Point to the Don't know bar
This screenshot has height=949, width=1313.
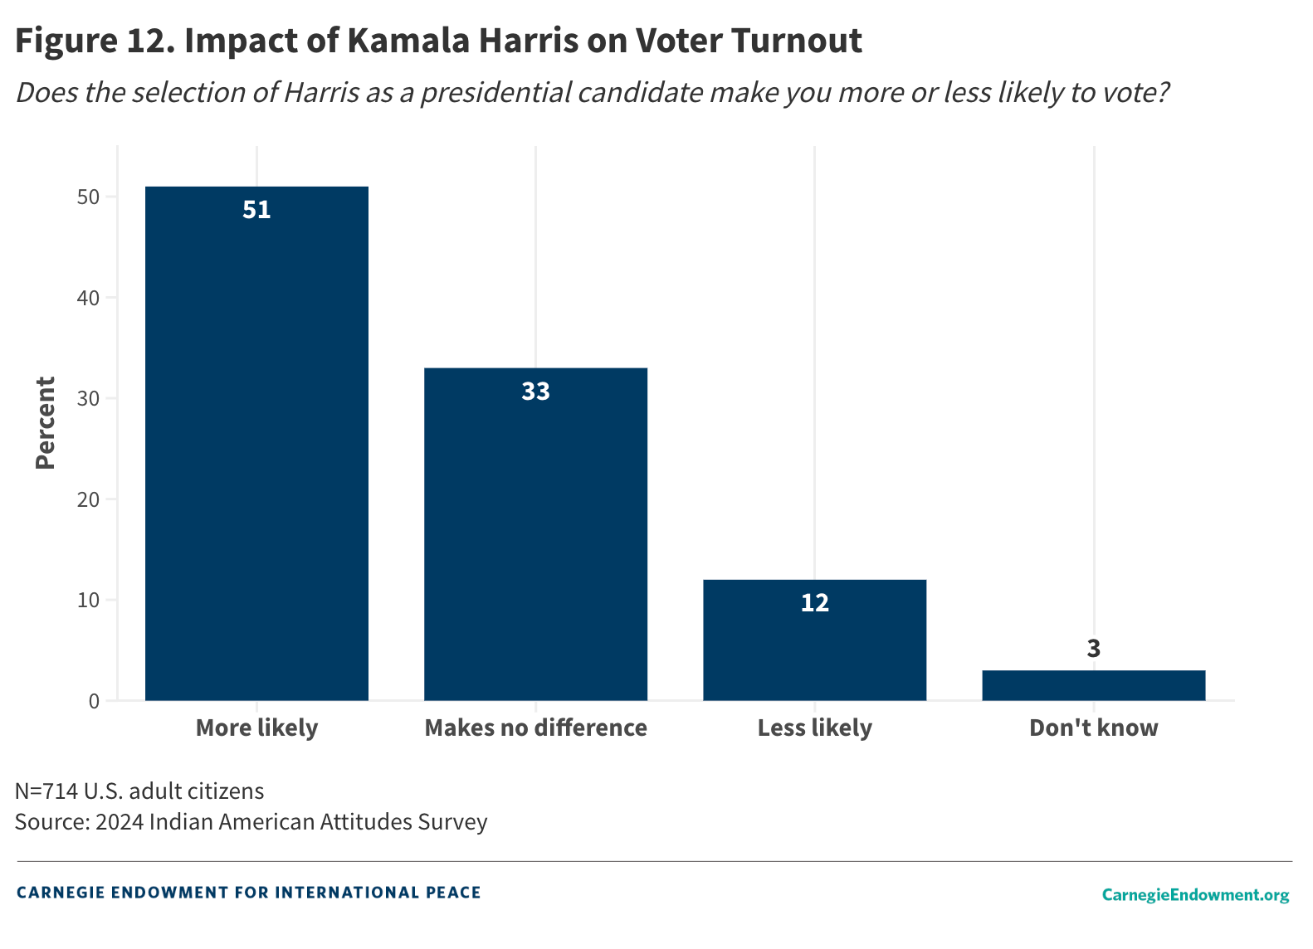[1093, 685]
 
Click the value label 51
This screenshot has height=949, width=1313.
[256, 210]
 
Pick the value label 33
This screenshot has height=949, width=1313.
[535, 392]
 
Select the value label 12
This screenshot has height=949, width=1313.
[814, 603]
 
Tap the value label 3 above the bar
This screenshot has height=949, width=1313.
[1093, 649]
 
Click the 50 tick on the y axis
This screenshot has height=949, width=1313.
[88, 197]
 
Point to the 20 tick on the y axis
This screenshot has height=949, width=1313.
[88, 499]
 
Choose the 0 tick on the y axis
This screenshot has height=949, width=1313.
[93, 701]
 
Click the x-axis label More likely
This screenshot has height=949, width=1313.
[256, 728]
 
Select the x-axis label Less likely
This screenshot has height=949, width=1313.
[814, 728]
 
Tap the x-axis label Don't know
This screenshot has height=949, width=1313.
[1093, 728]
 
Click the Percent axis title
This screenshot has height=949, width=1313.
[46, 423]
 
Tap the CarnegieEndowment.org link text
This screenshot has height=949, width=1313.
[1195, 894]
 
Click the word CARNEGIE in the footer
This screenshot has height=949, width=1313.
[59, 893]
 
